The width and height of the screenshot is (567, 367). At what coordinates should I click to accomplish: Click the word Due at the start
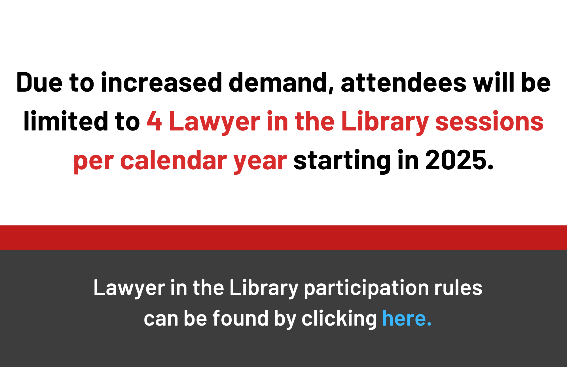tap(39, 82)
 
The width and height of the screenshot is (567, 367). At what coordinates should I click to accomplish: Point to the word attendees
tap(403, 82)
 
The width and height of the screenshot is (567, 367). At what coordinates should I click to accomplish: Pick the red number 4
tap(154, 121)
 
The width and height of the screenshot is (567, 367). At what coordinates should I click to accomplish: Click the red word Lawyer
tap(214, 123)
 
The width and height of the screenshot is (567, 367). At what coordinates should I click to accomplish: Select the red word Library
tap(385, 123)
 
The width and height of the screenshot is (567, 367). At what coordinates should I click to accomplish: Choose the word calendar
tap(174, 161)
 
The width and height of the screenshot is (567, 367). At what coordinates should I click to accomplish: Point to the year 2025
tap(460, 161)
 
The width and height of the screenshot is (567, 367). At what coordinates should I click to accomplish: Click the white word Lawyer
tap(129, 288)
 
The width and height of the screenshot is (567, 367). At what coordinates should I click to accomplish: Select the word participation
tap(366, 288)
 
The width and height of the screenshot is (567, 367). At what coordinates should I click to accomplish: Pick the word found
tap(240, 318)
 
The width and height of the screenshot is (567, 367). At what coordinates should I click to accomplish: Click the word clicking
tap(339, 319)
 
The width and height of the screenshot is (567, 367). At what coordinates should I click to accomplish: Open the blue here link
tap(407, 318)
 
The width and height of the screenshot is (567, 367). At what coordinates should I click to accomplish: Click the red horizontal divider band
tap(283, 237)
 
